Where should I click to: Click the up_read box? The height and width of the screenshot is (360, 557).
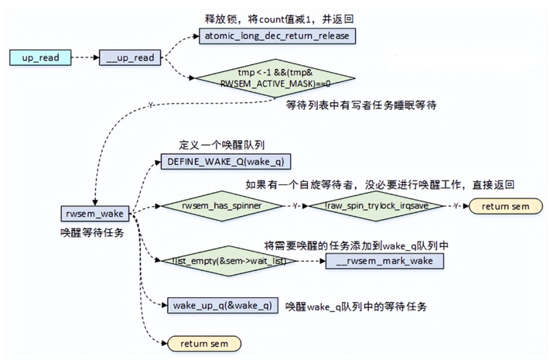click(x=40, y=58)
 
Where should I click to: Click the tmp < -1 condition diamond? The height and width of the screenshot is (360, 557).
click(x=274, y=78)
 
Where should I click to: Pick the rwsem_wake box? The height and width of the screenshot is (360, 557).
click(x=95, y=213)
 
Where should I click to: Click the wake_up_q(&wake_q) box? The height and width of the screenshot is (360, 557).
click(x=220, y=305)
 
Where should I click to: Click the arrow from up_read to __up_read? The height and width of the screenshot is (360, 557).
click(x=86, y=58)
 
